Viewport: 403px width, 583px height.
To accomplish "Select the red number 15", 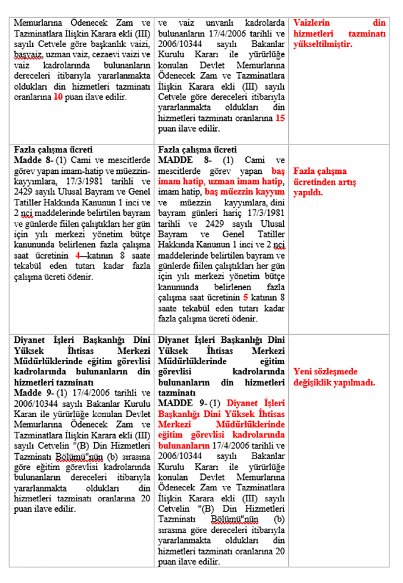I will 280,118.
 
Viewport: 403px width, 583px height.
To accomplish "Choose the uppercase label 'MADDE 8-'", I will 177,160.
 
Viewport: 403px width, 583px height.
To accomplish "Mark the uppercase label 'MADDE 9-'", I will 177,403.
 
